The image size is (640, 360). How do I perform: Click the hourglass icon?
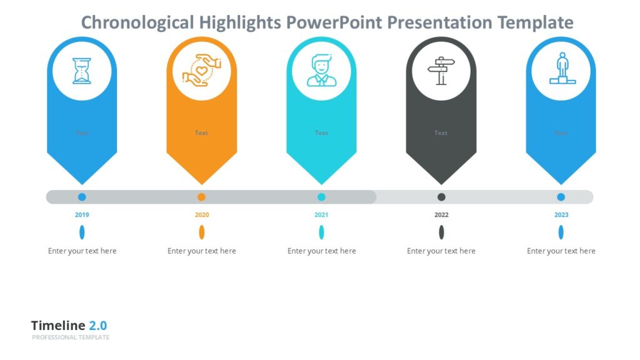click(x=82, y=71)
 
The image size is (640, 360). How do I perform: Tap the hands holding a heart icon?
click(x=201, y=71)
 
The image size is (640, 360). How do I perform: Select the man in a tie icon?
click(x=321, y=71)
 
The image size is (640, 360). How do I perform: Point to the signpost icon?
click(x=441, y=71)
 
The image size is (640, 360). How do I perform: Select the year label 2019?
click(x=82, y=215)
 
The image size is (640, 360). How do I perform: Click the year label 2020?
click(x=201, y=215)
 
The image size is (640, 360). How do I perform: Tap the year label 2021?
click(x=321, y=215)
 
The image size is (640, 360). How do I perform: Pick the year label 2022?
click(x=441, y=215)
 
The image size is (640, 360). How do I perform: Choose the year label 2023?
click(x=561, y=215)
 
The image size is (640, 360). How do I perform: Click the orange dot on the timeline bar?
click(x=201, y=197)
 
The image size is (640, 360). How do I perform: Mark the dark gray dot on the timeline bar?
click(x=441, y=197)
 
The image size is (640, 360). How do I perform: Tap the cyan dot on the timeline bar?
click(x=321, y=197)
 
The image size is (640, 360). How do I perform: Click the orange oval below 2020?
click(x=201, y=232)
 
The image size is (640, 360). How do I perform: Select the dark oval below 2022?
click(x=441, y=232)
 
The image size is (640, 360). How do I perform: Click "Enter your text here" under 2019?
click(x=82, y=251)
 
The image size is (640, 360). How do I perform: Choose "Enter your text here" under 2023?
click(x=561, y=251)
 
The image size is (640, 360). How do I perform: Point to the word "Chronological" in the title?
click(x=137, y=23)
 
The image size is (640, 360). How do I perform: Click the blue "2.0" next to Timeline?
click(x=97, y=326)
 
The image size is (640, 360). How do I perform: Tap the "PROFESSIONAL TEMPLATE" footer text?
click(x=71, y=337)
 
